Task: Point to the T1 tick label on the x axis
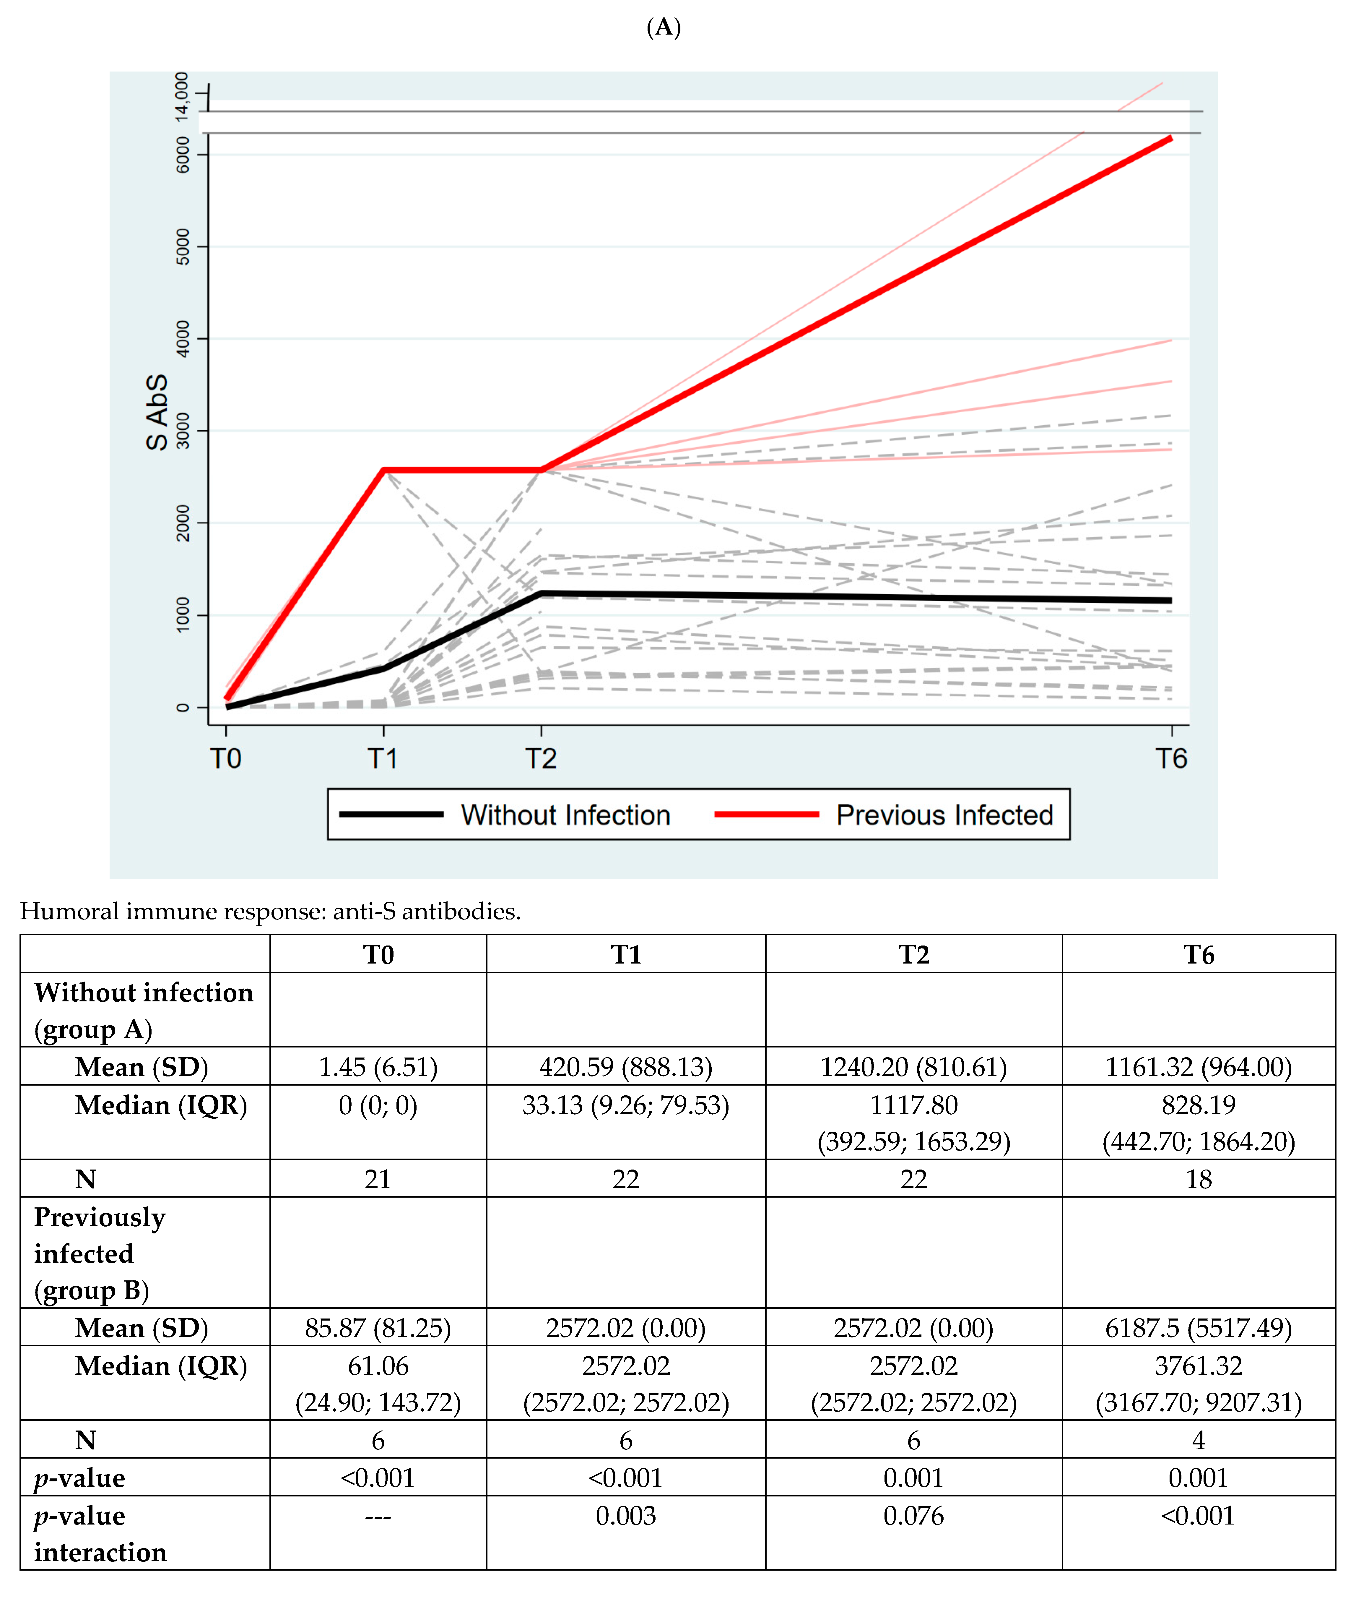coord(383,759)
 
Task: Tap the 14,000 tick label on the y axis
coord(182,96)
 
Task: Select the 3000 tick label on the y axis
coord(182,431)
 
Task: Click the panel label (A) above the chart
coord(664,28)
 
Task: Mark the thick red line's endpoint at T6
coord(1170,138)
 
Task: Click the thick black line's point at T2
coord(541,593)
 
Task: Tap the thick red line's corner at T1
coord(383,470)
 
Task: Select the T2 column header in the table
coord(913,954)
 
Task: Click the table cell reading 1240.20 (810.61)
coord(913,1067)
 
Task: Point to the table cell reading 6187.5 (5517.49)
coord(1198,1327)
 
